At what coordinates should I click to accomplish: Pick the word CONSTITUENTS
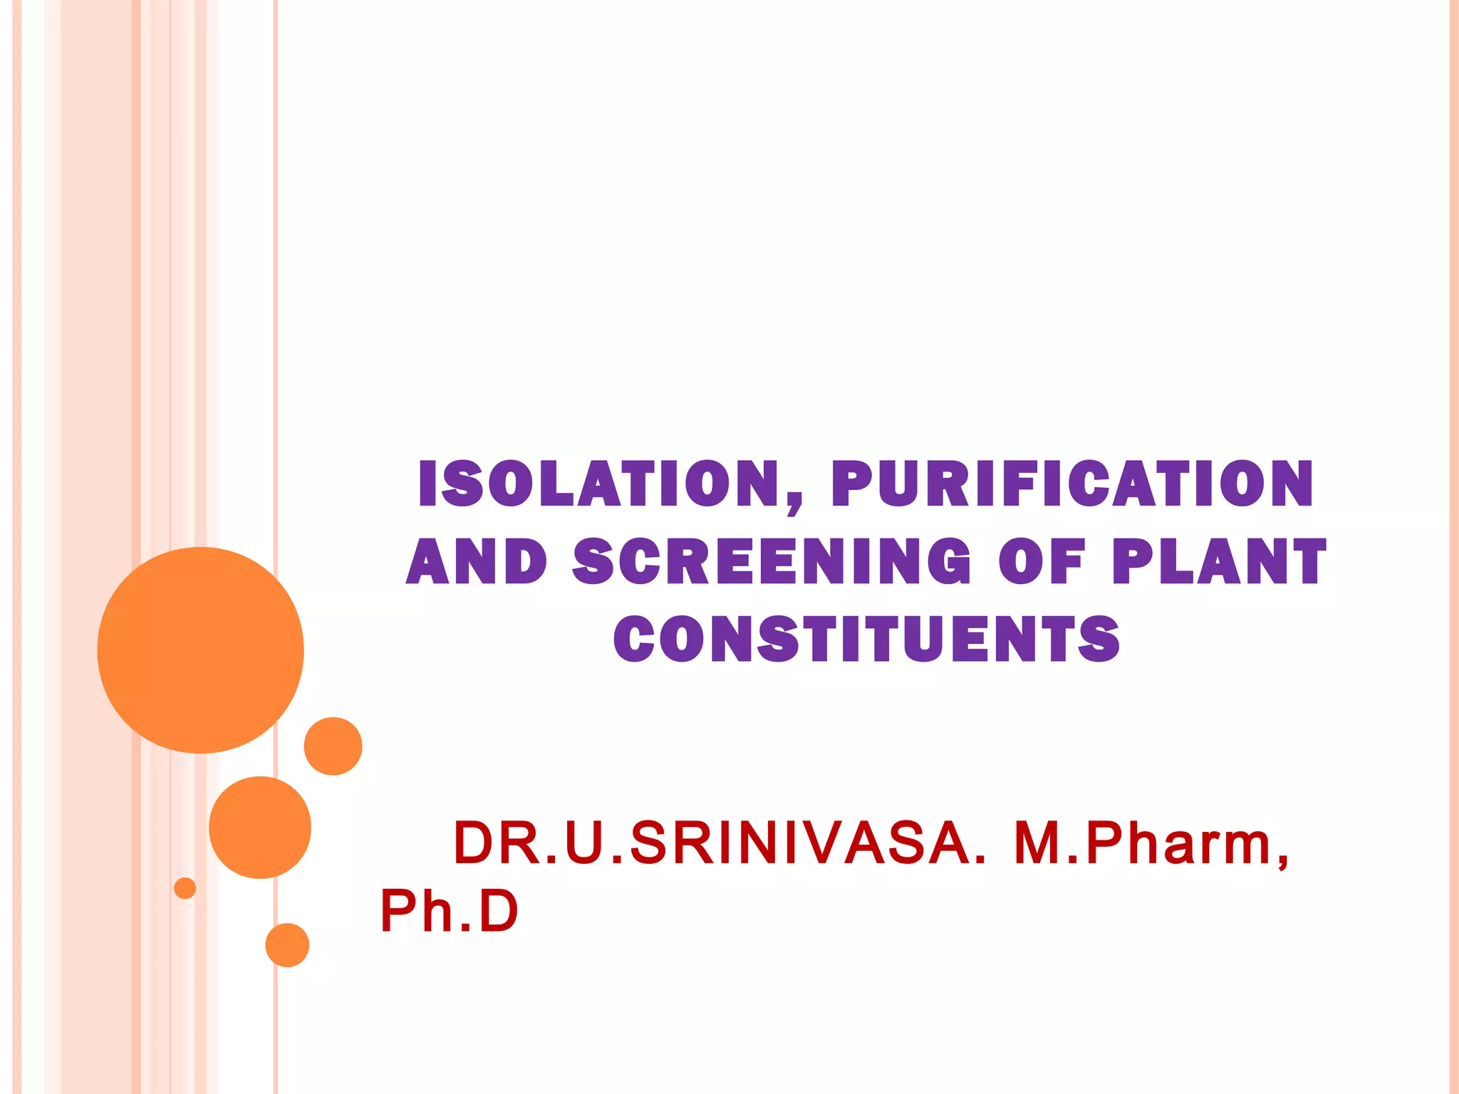coord(866,639)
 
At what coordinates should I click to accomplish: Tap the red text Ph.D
coord(449,911)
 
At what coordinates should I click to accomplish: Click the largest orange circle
coord(201,650)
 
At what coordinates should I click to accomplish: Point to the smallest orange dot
coord(185,888)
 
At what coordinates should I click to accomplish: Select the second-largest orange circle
coord(260,827)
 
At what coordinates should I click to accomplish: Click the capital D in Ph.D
coord(498,911)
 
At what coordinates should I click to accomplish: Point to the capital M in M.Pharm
coord(1037,844)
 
